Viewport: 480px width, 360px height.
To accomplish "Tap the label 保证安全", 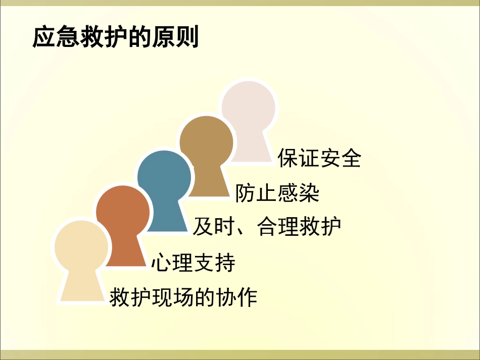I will tap(319, 158).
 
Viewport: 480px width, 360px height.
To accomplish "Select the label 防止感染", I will tap(277, 193).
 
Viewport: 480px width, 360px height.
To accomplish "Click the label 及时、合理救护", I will tap(267, 227).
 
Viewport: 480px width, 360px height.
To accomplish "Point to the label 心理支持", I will tap(193, 263).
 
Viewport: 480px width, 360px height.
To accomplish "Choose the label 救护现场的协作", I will tap(183, 297).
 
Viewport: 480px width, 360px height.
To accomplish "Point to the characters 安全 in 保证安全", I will tap(341, 158).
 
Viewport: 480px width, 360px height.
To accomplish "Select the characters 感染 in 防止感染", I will tap(298, 193).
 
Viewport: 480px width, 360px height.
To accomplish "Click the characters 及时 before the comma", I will tap(214, 227).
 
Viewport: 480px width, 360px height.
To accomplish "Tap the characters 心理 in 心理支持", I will tap(172, 263).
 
